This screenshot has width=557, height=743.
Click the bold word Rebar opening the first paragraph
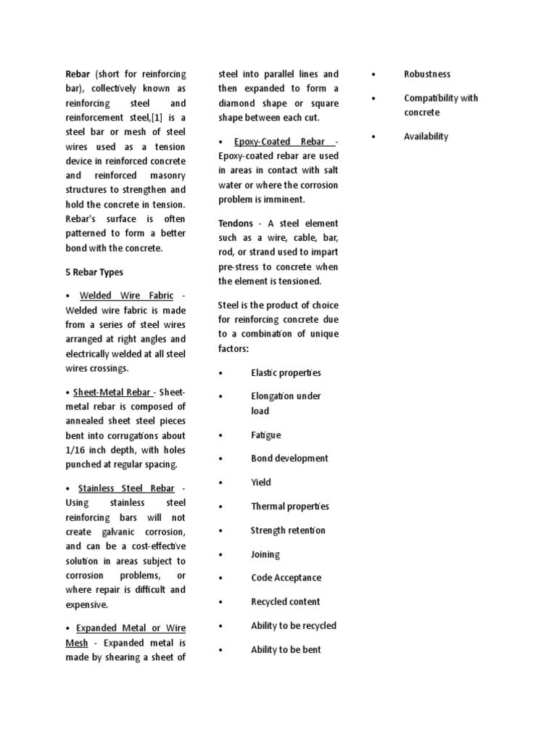78,74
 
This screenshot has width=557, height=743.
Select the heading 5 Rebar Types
94,272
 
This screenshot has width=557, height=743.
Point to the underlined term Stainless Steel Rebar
127,488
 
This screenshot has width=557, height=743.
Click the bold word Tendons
236,223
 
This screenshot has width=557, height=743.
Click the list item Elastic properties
286,372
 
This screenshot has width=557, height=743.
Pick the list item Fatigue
265,435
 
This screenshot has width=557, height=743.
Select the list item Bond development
289,458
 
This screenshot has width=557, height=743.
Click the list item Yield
261,482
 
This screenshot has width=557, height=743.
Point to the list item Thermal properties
289,506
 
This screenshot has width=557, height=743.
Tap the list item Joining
265,554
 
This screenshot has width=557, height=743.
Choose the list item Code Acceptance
286,578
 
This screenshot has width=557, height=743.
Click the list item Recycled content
285,602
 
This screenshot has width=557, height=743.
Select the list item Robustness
427,74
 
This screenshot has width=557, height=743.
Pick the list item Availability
426,136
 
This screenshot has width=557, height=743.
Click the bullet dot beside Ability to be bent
220,650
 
